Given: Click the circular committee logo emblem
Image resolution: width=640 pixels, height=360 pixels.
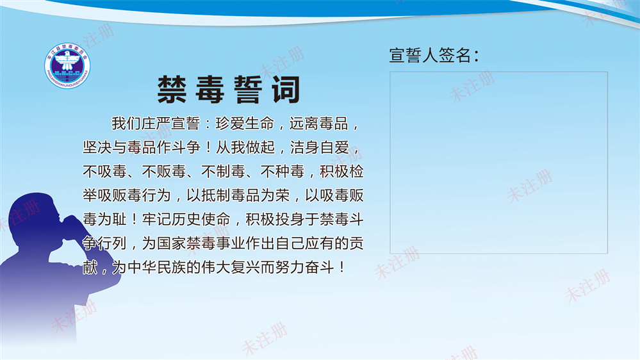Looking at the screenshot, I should click(68, 63).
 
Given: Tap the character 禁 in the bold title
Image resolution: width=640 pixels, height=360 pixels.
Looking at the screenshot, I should click(172, 90).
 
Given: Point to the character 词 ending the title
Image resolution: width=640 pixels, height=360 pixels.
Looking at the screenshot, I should click(284, 90).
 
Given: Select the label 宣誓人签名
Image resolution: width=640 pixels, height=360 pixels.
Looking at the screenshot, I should click(434, 56).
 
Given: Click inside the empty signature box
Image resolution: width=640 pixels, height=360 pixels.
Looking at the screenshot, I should click(498, 162).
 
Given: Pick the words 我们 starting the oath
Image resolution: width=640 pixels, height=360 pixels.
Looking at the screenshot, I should click(126, 123).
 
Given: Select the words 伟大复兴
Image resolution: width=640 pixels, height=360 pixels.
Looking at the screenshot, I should click(230, 267).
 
